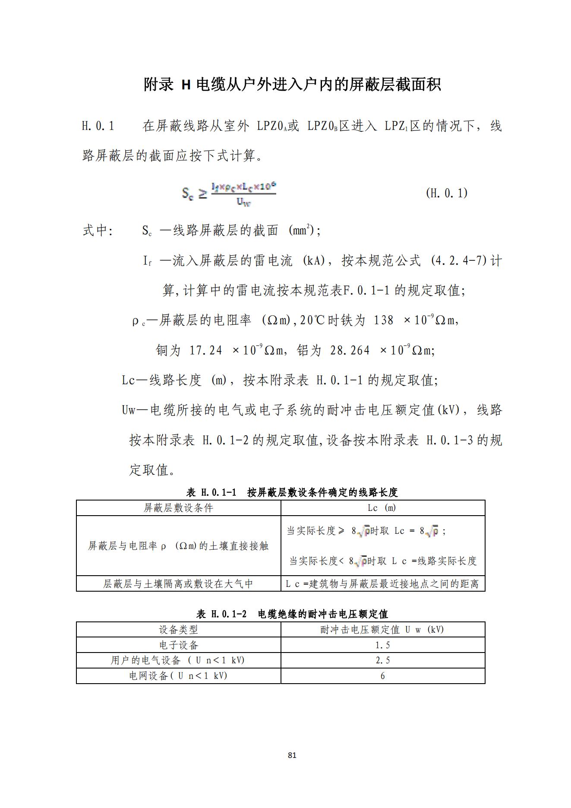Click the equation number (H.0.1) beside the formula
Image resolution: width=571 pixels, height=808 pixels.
446,193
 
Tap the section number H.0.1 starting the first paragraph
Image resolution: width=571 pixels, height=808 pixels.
98,126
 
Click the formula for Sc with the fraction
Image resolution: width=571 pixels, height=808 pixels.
228,194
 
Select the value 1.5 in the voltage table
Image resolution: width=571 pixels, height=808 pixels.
382,645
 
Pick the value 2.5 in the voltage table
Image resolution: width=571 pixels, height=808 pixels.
382,660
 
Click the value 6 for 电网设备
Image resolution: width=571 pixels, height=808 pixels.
382,676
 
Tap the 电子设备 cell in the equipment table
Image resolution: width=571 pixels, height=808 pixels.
178,645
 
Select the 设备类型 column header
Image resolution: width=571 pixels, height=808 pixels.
178,629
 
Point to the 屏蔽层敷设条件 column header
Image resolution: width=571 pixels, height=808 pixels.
178,508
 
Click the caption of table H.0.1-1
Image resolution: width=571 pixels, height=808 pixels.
292,492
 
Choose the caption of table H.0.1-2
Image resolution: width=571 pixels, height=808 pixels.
292,614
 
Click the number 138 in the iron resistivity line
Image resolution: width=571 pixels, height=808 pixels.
383,320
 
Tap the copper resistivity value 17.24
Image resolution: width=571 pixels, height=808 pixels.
205,350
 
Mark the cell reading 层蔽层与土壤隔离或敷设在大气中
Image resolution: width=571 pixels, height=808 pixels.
178,584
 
